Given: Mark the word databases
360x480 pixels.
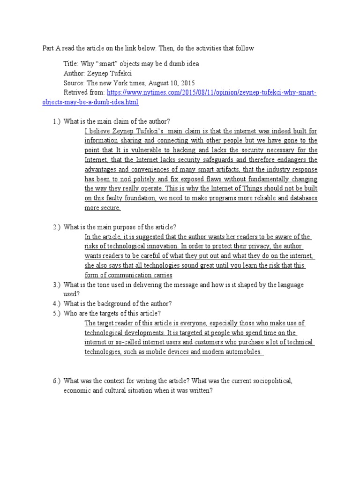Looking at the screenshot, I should click(299, 198).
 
